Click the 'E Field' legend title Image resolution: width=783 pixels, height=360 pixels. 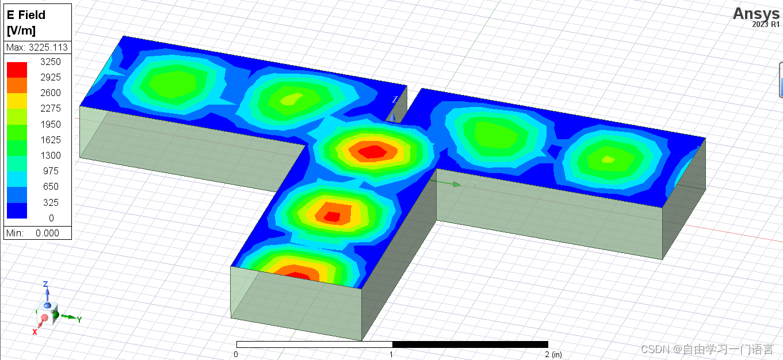26,15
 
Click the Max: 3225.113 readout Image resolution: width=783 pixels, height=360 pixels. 37,47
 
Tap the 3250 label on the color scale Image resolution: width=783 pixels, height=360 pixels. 50,62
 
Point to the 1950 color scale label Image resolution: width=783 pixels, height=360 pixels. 50,124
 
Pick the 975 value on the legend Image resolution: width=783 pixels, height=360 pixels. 51,171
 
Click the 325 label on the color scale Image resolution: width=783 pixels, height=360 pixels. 51,202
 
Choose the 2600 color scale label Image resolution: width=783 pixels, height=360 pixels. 50,93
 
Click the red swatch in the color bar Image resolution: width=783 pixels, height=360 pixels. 17,70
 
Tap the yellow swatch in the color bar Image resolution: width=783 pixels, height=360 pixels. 17,101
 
